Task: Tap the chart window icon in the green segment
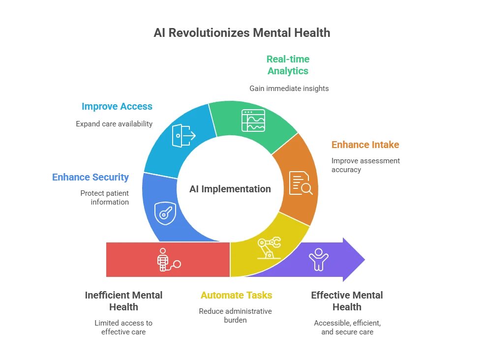pyautogui.click(x=253, y=120)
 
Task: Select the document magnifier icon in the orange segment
pyautogui.click(x=300, y=183)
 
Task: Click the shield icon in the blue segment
pyautogui.click(x=165, y=213)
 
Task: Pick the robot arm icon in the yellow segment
pyautogui.click(x=269, y=247)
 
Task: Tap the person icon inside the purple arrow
pyautogui.click(x=318, y=259)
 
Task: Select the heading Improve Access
pyautogui.click(x=117, y=106)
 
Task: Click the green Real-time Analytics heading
pyautogui.click(x=288, y=65)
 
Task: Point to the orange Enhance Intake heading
pyautogui.click(x=365, y=145)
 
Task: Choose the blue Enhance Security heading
pyautogui.click(x=91, y=177)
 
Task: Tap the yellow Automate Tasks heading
pyautogui.click(x=237, y=295)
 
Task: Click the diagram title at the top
pyautogui.click(x=242, y=33)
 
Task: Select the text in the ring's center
pyautogui.click(x=230, y=188)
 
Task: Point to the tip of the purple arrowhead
pyautogui.click(x=366, y=259)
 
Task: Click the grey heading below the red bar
pyautogui.click(x=123, y=300)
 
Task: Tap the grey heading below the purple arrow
pyautogui.click(x=348, y=300)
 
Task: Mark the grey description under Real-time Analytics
pyautogui.click(x=289, y=89)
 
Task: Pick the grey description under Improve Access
pyautogui.click(x=114, y=124)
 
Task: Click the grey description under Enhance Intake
pyautogui.click(x=365, y=165)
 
